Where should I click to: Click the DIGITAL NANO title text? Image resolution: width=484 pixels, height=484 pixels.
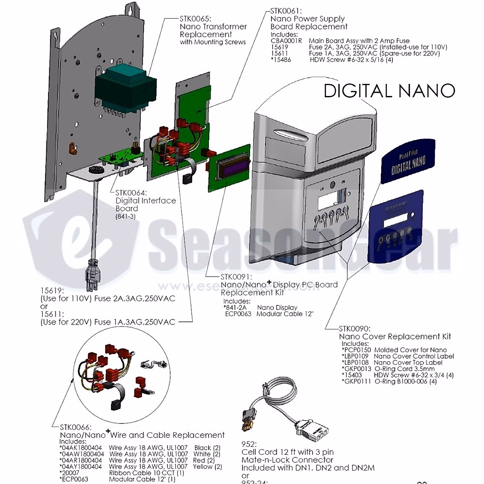click(x=389, y=91)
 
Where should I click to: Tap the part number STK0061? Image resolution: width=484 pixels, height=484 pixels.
click(x=286, y=11)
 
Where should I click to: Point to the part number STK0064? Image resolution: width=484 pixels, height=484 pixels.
click(x=131, y=193)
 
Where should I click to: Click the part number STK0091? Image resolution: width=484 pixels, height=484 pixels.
click(x=236, y=277)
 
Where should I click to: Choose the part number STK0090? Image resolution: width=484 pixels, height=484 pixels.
click(x=355, y=329)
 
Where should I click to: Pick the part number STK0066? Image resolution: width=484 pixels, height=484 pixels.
click(x=75, y=427)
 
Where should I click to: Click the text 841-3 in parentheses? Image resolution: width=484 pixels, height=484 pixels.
click(x=126, y=217)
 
